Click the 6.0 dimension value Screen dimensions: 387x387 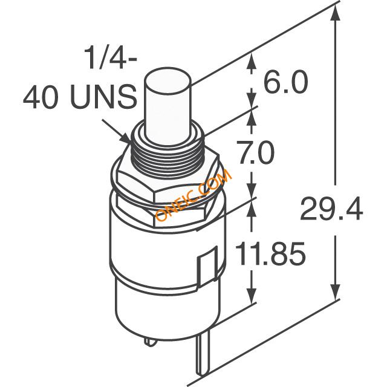(286, 82)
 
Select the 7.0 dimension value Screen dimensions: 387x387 (255, 152)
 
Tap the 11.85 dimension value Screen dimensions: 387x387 (270, 253)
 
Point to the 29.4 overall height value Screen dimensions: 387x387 (331, 209)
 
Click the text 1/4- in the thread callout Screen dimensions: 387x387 (110, 58)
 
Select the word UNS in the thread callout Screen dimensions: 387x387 (103, 97)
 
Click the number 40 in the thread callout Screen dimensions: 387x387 (41, 97)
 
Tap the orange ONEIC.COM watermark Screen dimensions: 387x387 (193, 195)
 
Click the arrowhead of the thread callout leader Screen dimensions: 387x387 (125, 137)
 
